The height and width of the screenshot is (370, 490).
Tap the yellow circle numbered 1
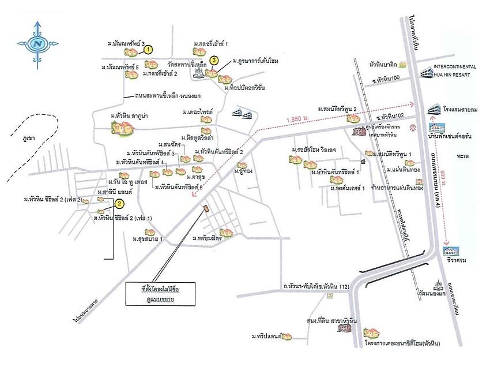149,50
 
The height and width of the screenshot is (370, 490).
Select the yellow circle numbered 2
119,203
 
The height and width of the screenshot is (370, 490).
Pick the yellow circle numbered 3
214,59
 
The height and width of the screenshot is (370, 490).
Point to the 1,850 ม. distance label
297,119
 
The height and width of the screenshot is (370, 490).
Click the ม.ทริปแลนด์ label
265,336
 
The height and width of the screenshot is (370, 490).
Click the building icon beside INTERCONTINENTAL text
425,73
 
